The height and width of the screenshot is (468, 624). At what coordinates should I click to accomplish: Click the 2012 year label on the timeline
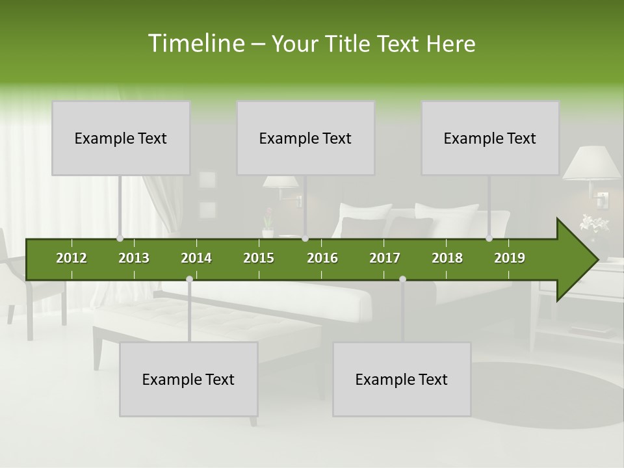pyautogui.click(x=71, y=258)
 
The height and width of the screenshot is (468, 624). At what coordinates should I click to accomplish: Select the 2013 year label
pyautogui.click(x=134, y=258)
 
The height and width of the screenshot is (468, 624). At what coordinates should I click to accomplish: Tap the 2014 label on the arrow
pyautogui.click(x=196, y=258)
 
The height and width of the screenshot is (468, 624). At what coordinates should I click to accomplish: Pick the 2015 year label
pyautogui.click(x=259, y=258)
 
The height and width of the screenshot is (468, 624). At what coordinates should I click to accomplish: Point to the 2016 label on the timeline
pyautogui.click(x=322, y=258)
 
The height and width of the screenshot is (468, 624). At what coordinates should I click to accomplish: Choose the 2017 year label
pyautogui.click(x=385, y=258)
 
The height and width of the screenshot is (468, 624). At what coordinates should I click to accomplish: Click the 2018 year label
pyautogui.click(x=447, y=258)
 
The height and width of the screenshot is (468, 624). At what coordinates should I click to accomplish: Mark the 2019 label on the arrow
pyautogui.click(x=510, y=258)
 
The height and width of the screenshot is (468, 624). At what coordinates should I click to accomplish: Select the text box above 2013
pyautogui.click(x=121, y=138)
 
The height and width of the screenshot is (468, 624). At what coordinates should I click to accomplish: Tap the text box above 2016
pyautogui.click(x=305, y=138)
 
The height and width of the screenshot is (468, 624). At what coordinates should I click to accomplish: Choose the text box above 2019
pyautogui.click(x=490, y=138)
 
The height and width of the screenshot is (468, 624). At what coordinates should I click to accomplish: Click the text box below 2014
pyautogui.click(x=188, y=379)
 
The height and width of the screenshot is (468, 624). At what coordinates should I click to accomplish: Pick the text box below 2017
pyautogui.click(x=402, y=379)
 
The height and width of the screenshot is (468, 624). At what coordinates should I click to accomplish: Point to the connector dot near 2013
pyautogui.click(x=120, y=239)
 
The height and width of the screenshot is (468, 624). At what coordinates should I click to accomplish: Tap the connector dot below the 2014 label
pyautogui.click(x=189, y=279)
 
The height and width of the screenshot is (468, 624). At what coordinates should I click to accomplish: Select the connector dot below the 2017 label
pyautogui.click(x=402, y=279)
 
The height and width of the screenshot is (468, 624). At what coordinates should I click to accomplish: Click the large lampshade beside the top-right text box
pyautogui.click(x=591, y=163)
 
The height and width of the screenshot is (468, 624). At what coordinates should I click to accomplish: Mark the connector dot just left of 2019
pyautogui.click(x=489, y=239)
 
